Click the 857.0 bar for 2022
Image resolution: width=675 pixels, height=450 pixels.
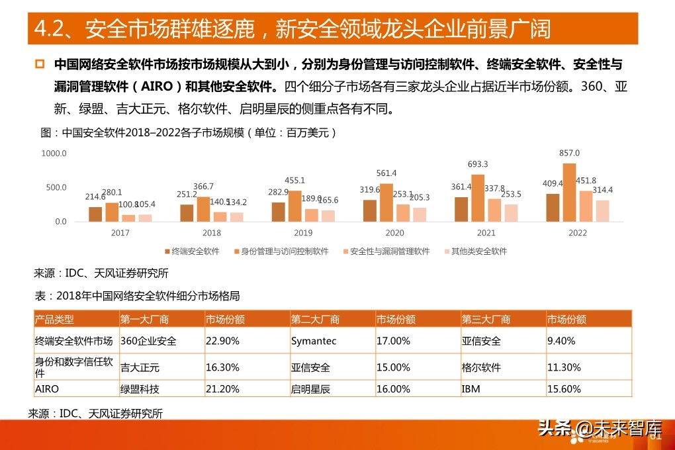[x=569, y=192]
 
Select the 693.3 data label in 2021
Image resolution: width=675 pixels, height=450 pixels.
[x=477, y=164]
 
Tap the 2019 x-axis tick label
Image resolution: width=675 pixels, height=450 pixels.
[x=303, y=233]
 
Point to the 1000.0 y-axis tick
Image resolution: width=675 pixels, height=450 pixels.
[x=54, y=154]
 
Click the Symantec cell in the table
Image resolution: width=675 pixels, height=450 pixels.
[x=314, y=341]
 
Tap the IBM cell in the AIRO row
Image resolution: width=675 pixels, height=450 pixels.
[x=471, y=389]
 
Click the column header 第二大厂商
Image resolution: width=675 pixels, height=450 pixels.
[x=315, y=320]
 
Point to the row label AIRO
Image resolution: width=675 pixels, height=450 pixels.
[x=47, y=389]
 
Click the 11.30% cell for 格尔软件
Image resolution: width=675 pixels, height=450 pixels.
[x=564, y=367]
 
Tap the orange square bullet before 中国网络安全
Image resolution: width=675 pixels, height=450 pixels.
[x=40, y=64]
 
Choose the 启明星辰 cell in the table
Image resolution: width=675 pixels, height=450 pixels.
[x=310, y=389]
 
